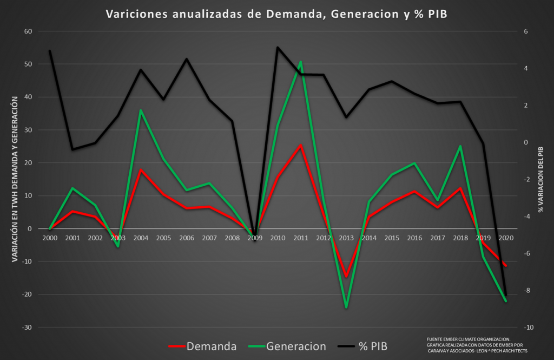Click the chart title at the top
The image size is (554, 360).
pyautogui.click(x=276, y=14)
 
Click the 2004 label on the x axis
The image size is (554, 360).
pyautogui.click(x=141, y=238)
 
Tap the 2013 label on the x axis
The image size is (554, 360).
pyautogui.click(x=346, y=238)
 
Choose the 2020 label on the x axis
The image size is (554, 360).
pyautogui.click(x=506, y=238)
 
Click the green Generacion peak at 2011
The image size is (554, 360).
pyautogui.click(x=300, y=62)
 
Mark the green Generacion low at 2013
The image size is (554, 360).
pyautogui.click(x=346, y=307)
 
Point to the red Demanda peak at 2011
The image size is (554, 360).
pyautogui.click(x=300, y=145)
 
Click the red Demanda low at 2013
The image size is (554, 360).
pyautogui.click(x=346, y=277)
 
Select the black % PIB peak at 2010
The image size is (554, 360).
pyautogui.click(x=278, y=47)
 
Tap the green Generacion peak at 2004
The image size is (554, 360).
pyautogui.click(x=141, y=110)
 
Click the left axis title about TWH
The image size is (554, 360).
pyautogui.click(x=14, y=179)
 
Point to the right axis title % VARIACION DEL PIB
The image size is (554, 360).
pyautogui.click(x=540, y=179)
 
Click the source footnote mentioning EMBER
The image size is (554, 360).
pyautogui.click(x=476, y=345)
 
